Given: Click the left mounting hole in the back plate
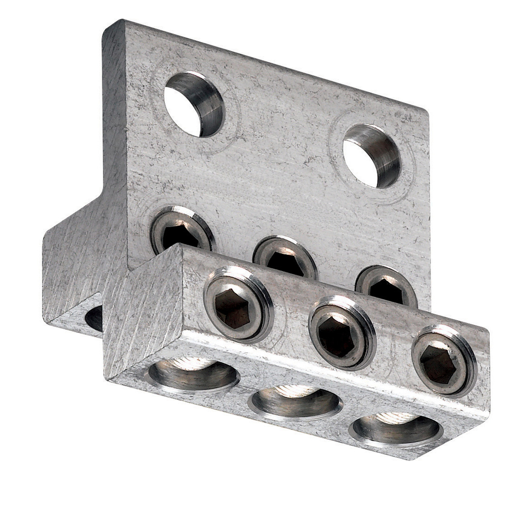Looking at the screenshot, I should [194, 105].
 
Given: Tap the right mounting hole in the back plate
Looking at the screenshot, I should [372, 156].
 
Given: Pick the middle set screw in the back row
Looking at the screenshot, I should [284, 256].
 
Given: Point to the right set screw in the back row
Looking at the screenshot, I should [386, 286].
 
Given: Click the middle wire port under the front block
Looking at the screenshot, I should [295, 402].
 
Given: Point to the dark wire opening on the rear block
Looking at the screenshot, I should [94, 318].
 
